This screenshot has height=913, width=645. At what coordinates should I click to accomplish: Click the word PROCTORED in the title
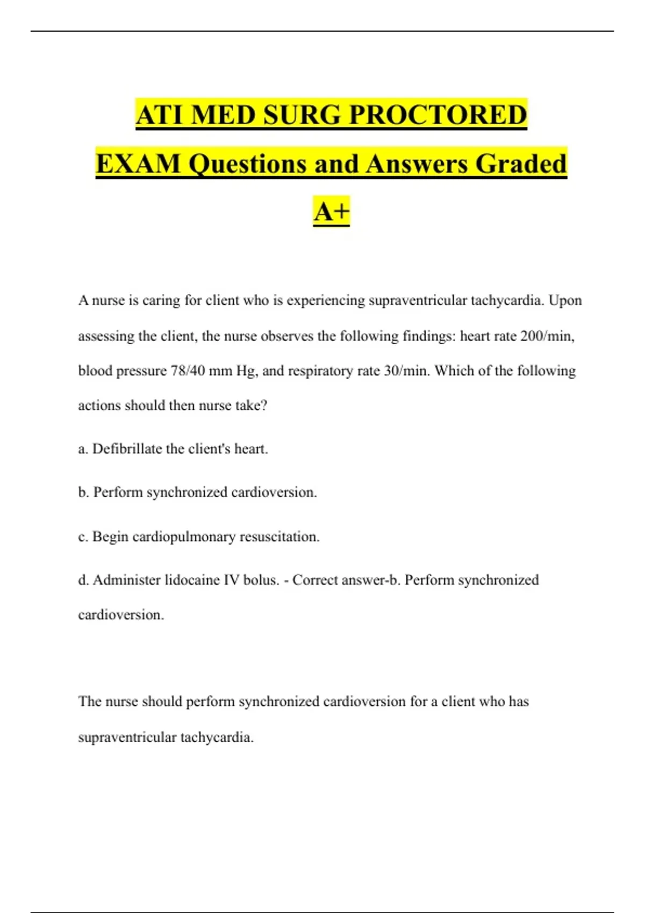point(438,115)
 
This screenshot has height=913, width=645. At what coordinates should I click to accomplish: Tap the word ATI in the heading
point(159,115)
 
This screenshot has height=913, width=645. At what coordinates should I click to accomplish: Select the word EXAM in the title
point(139,164)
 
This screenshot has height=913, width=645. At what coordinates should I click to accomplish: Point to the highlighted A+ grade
point(331,211)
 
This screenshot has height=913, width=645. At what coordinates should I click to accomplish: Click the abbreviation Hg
point(247,371)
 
